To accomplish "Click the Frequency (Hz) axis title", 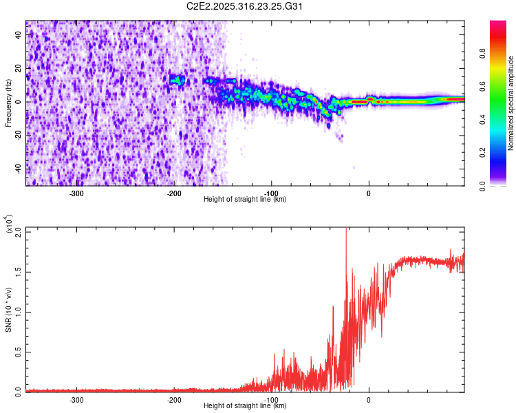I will point(9,104).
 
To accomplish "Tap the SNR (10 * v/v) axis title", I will point(9,309).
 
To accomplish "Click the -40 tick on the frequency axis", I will point(19,169).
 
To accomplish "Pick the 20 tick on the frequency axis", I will point(19,69).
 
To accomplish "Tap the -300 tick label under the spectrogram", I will point(76,193).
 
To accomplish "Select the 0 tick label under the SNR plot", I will point(369,400).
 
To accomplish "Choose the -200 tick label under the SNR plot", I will point(174,400).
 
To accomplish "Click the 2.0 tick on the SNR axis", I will point(19,232).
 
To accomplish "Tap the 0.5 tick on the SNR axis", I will point(19,352).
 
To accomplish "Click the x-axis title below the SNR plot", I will point(245,406).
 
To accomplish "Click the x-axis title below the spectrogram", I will point(245,199).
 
